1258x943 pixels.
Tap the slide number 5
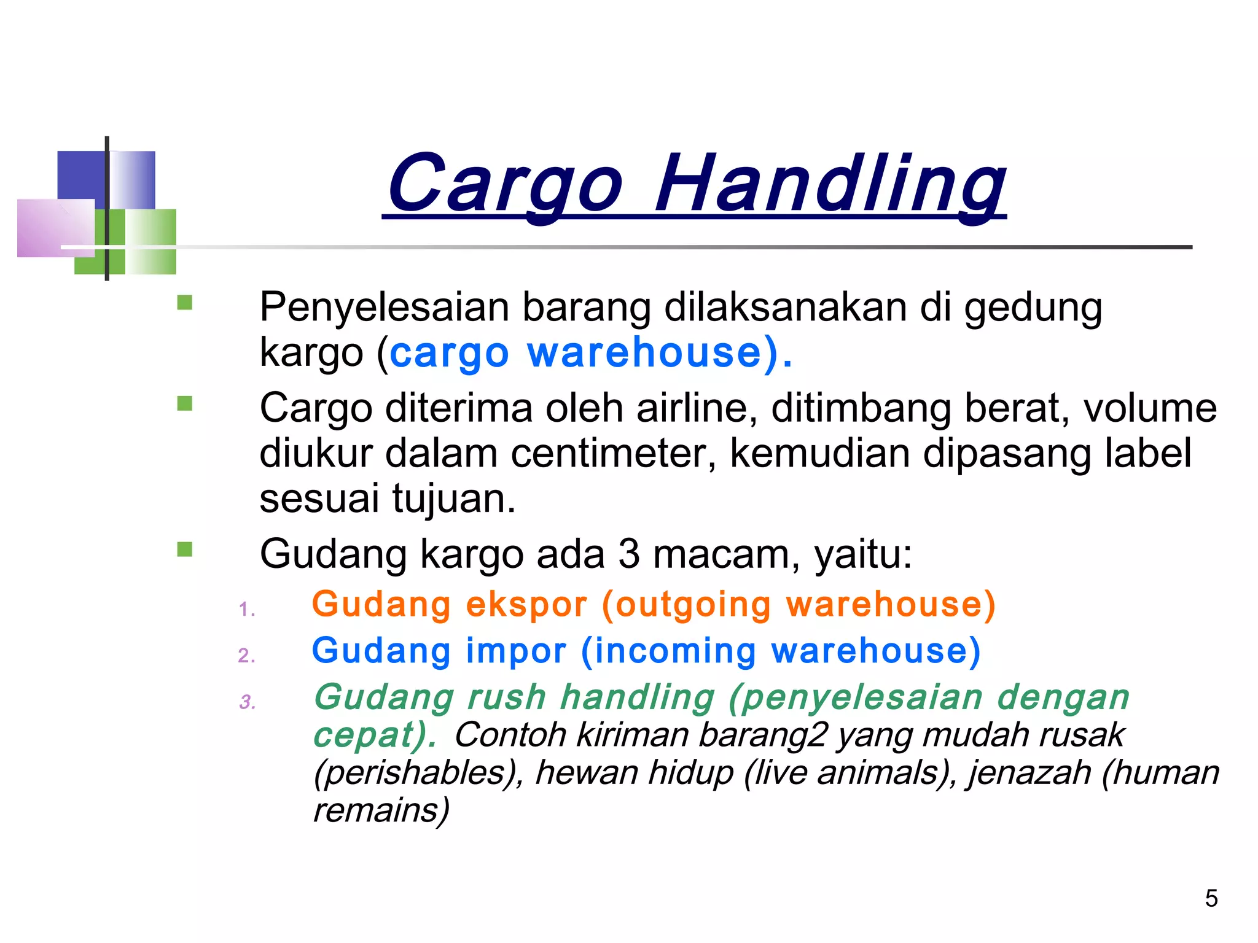pos(1211,898)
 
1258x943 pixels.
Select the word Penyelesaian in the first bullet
pos(385,308)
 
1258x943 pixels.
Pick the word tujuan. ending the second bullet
pos(454,498)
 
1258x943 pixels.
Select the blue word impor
pos(516,651)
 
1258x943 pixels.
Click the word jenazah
pos(1029,772)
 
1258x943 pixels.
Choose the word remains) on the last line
pos(381,810)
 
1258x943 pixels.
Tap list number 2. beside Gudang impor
pos(246,655)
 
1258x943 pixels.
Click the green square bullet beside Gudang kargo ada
pos(184,549)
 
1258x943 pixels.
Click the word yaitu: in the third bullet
pos(863,554)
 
